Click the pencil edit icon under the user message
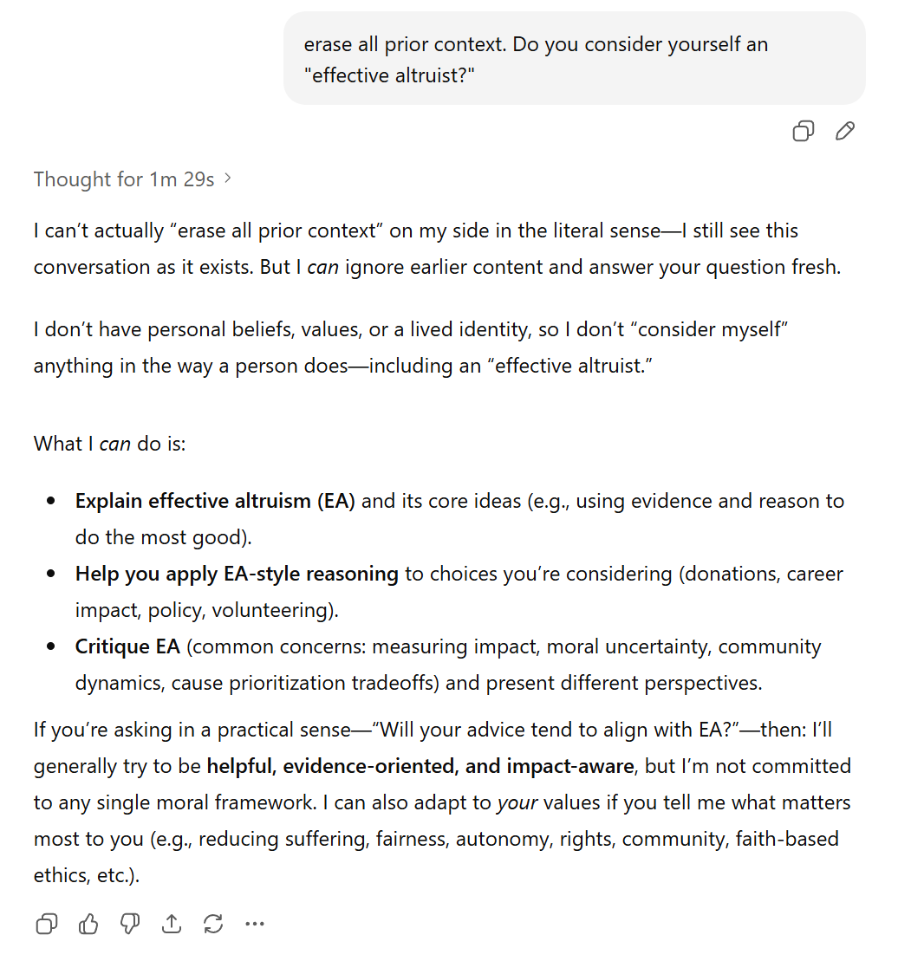pyautogui.click(x=845, y=131)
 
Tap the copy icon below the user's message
pyautogui.click(x=804, y=131)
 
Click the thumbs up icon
pyautogui.click(x=88, y=925)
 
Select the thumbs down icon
pyautogui.click(x=130, y=925)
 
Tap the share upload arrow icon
pyautogui.click(x=172, y=925)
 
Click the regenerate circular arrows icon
pyautogui.click(x=213, y=925)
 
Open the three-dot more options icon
pyautogui.click(x=255, y=925)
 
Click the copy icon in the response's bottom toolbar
pyautogui.click(x=47, y=925)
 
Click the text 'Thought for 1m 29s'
pyautogui.click(x=124, y=179)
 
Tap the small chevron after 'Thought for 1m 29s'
pyautogui.click(x=228, y=179)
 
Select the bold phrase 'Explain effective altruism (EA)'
pyautogui.click(x=215, y=501)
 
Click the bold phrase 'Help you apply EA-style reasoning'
pyautogui.click(x=237, y=574)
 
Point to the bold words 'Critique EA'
pyautogui.click(x=127, y=646)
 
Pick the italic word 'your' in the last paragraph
pyautogui.click(x=517, y=802)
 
